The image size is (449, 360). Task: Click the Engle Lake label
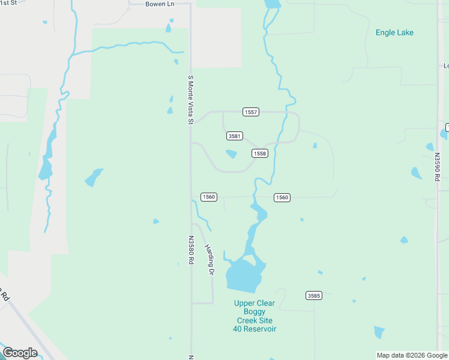[x=394, y=32]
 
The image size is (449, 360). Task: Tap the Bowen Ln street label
[x=159, y=4]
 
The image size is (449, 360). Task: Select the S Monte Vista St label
[x=190, y=100]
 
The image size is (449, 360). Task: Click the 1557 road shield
[x=251, y=112]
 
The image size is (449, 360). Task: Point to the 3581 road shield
[x=235, y=136]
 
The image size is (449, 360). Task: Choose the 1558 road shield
[x=259, y=154]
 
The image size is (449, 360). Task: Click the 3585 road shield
[x=313, y=295]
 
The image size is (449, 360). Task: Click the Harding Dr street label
[x=209, y=259]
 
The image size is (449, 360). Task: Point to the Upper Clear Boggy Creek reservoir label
[x=255, y=316]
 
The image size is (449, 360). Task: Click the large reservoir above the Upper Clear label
[x=244, y=276]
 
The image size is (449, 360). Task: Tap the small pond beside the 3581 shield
[x=231, y=154]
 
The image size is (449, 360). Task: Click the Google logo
[x=20, y=353]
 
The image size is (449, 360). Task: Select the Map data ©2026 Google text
[x=411, y=355]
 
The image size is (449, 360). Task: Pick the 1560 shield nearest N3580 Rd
[x=208, y=197]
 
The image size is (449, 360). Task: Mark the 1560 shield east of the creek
[x=282, y=197]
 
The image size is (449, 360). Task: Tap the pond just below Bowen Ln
[x=169, y=28]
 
